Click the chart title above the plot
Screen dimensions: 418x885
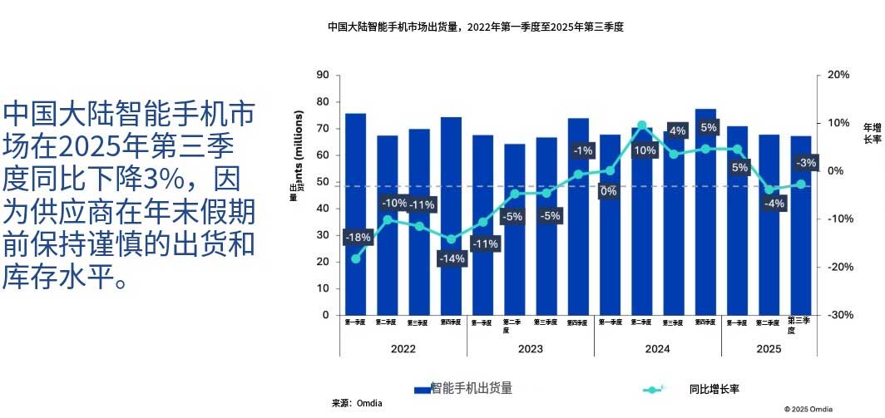[x=475, y=27]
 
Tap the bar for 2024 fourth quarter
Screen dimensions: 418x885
[x=705, y=212]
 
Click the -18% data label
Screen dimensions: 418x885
[x=358, y=238]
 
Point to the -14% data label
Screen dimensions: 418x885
[x=452, y=258]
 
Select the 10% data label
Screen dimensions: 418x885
[x=645, y=150]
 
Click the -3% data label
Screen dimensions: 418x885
[x=805, y=162]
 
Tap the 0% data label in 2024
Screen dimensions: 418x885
[x=608, y=191]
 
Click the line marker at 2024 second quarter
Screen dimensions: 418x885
[x=641, y=125]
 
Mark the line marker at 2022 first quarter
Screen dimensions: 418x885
[x=355, y=258]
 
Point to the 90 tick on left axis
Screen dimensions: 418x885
[x=323, y=76]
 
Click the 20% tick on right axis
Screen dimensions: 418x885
[x=838, y=76]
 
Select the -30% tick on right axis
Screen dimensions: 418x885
[x=838, y=316]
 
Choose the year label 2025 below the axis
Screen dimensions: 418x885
[x=769, y=349]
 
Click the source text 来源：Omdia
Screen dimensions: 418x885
[x=357, y=403]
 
